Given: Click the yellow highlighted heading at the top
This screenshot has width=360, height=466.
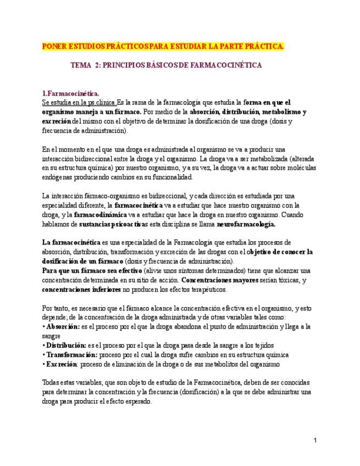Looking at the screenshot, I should pyautogui.click(x=163, y=46).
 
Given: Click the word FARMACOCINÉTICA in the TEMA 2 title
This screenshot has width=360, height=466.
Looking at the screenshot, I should pyautogui.click(x=226, y=65).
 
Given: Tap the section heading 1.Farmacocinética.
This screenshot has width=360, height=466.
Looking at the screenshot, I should pyautogui.click(x=71, y=94).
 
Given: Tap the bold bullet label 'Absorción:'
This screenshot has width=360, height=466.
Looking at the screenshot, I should pyautogui.click(x=63, y=326).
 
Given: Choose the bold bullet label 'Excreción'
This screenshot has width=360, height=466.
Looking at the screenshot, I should pyautogui.click(x=62, y=364).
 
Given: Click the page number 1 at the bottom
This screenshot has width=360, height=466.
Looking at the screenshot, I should pyautogui.click(x=316, y=440).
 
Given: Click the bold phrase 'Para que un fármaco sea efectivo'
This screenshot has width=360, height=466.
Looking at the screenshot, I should pyautogui.click(x=93, y=270).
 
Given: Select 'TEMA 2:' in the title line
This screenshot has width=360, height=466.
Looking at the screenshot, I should pyautogui.click(x=86, y=65).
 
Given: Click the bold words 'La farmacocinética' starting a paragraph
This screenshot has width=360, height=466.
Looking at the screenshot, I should pyautogui.click(x=71, y=242).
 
